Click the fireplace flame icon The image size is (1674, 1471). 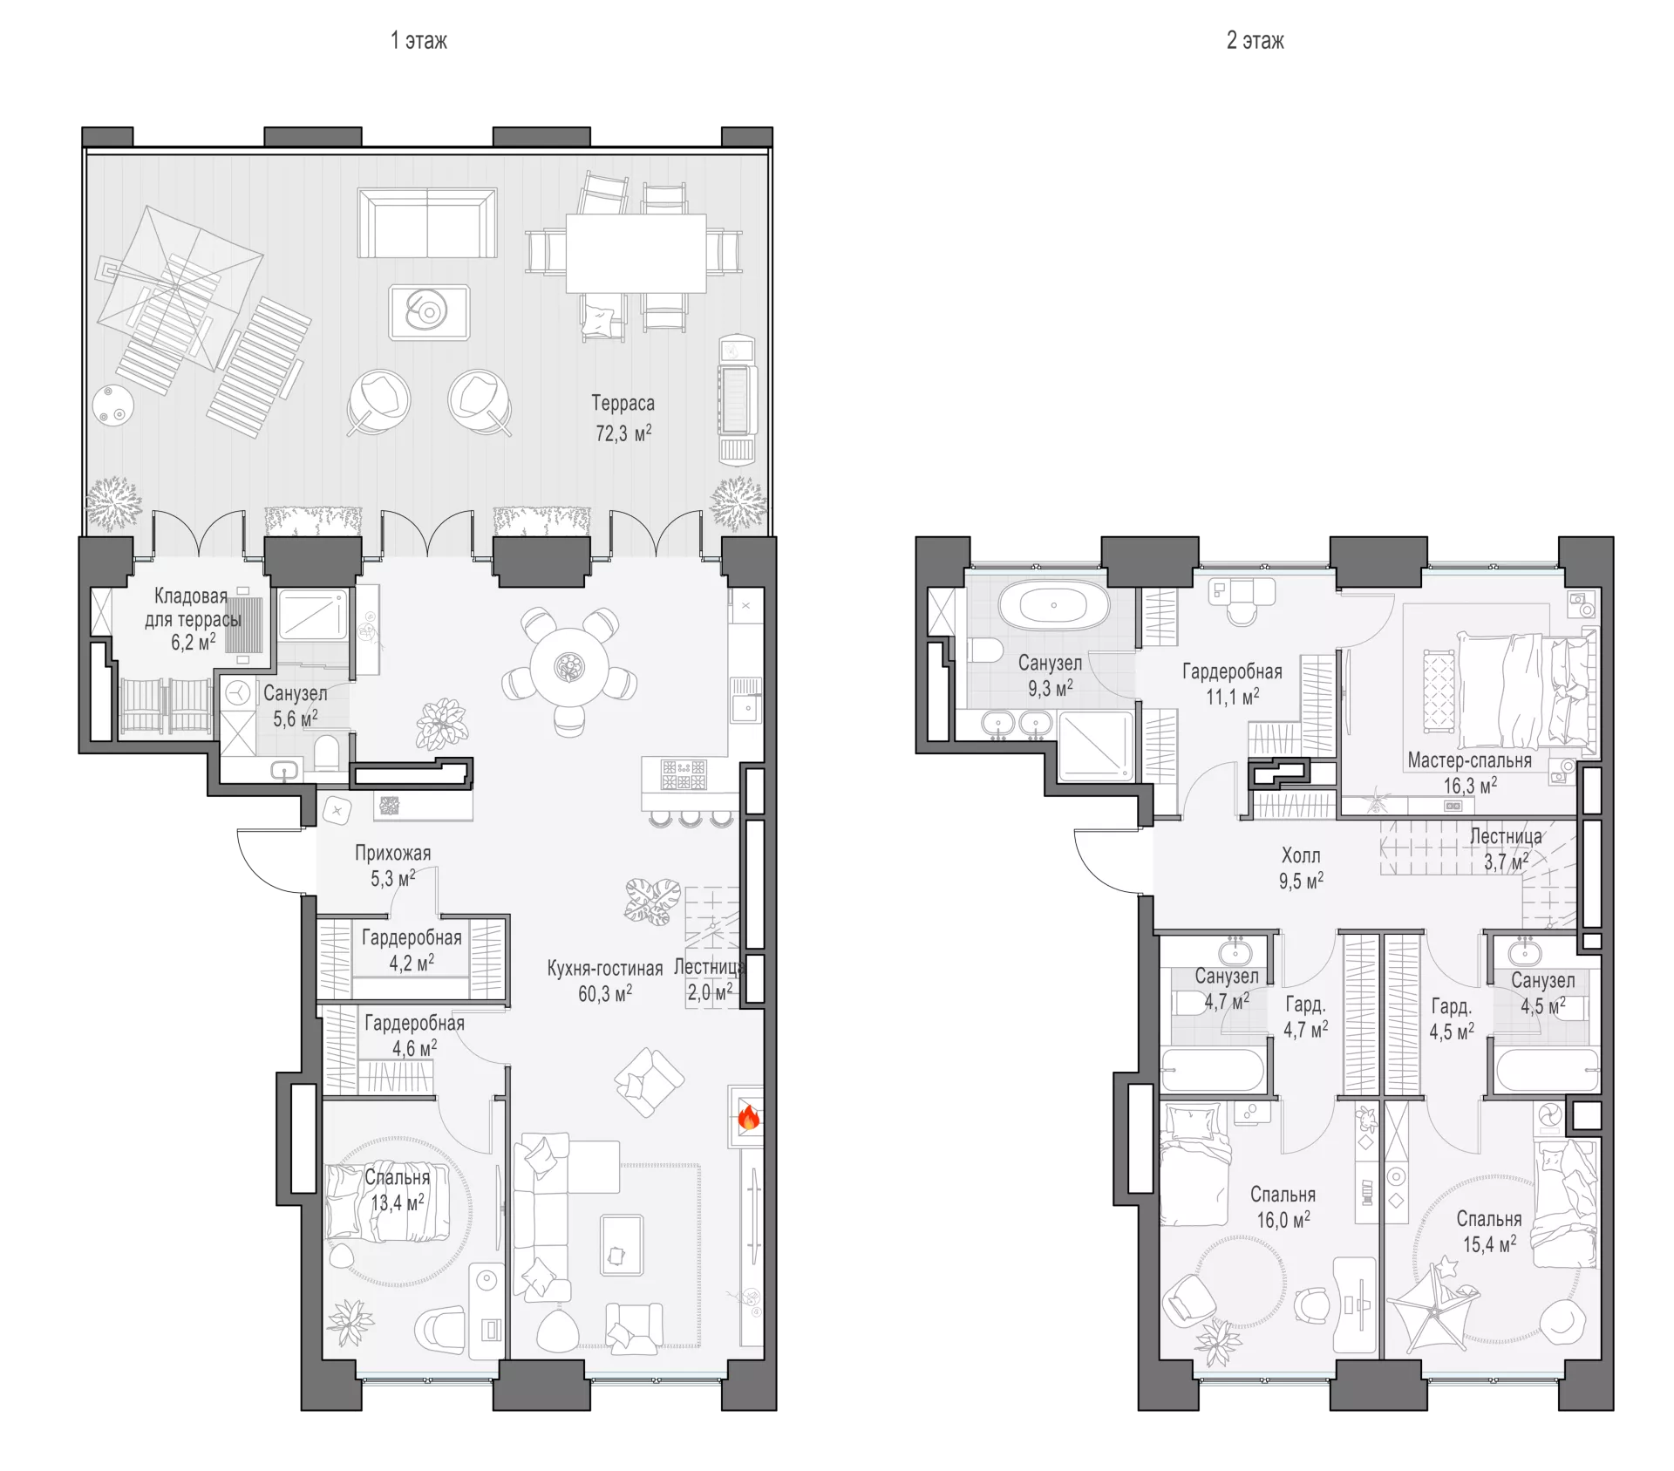(x=749, y=1117)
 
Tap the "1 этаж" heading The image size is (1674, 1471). (x=418, y=41)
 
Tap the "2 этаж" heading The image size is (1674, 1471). (x=1255, y=41)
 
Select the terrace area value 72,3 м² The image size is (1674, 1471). (x=623, y=432)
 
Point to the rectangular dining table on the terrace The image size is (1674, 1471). (x=636, y=253)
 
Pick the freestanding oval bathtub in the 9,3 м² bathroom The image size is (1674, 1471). (x=1054, y=604)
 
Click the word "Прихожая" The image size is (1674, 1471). (x=392, y=853)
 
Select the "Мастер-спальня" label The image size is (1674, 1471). (x=1469, y=760)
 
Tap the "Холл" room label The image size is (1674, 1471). (x=1301, y=855)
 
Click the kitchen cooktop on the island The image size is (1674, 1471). (x=683, y=774)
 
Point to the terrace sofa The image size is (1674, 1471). (x=427, y=222)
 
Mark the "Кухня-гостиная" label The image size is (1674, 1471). (x=605, y=969)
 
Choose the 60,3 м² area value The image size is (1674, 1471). (x=605, y=993)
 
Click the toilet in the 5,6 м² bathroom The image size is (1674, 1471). (x=327, y=753)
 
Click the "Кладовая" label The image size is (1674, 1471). (x=191, y=596)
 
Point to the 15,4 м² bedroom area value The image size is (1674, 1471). (x=1489, y=1244)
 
